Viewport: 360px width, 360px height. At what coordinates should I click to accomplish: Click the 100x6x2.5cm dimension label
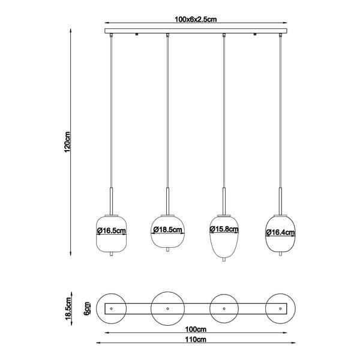[196, 19]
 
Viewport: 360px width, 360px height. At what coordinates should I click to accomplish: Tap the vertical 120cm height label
[67, 142]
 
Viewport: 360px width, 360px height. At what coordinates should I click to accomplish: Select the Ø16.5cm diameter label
[112, 230]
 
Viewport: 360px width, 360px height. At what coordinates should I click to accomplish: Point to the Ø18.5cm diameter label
[168, 230]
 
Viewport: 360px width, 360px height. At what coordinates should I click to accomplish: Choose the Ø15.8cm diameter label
[224, 229]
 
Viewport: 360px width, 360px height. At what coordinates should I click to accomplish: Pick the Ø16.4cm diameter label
[280, 232]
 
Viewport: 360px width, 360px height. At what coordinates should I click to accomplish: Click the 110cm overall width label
[196, 340]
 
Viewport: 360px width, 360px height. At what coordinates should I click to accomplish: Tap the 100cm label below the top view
[196, 329]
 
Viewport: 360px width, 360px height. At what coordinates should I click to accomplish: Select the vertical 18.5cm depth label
[68, 308]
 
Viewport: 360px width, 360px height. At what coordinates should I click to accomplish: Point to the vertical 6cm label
[87, 308]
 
